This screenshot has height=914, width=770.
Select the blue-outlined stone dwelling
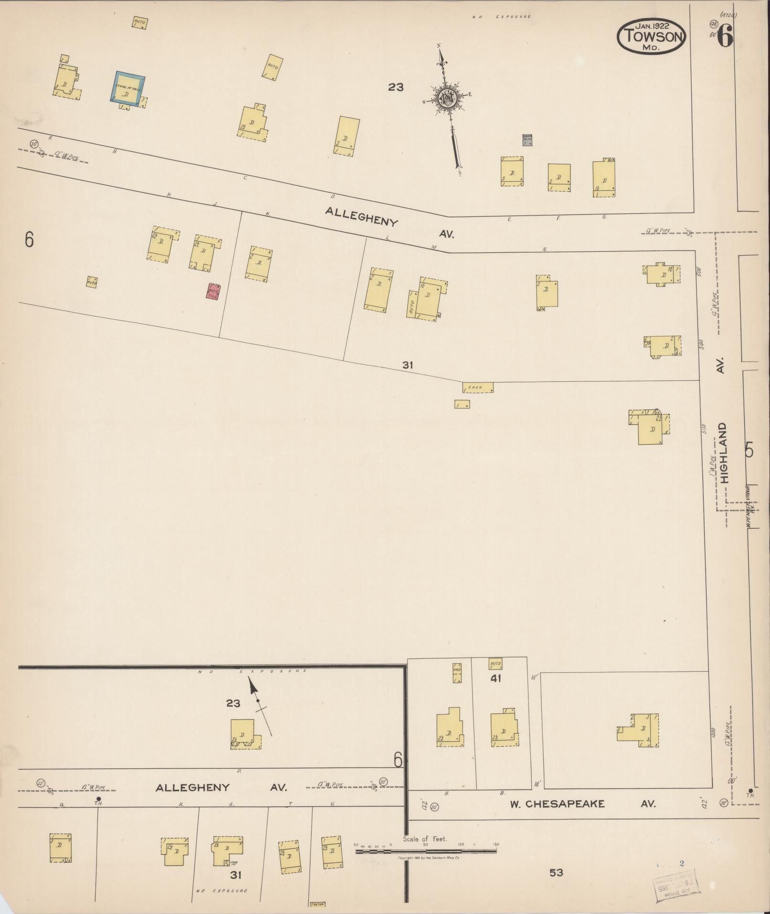pos(127,87)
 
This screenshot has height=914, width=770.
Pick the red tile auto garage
pos(212,291)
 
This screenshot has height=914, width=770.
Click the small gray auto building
pos(527,140)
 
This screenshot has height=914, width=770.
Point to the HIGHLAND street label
pos(725,452)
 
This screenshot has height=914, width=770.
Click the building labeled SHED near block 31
pos(477,387)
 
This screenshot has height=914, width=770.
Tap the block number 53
pos(556,872)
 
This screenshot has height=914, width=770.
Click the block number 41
pos(496,678)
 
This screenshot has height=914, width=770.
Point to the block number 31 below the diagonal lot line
pos(407,365)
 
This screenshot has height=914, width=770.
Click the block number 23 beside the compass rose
pos(396,87)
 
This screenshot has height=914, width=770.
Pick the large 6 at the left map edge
pos(29,240)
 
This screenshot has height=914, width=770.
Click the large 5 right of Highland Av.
pos(749,451)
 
